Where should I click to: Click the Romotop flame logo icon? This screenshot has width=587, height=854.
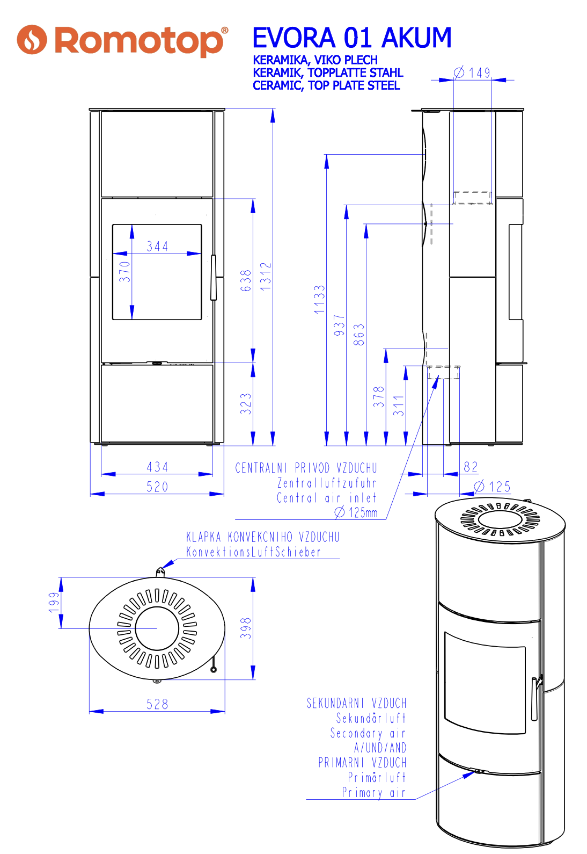(32, 40)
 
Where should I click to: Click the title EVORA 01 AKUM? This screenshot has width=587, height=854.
(351, 38)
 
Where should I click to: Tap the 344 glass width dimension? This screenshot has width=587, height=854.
(157, 247)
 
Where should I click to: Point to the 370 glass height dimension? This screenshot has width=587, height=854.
(124, 271)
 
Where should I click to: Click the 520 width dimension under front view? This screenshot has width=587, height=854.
(157, 487)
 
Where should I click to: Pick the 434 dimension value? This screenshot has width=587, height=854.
(157, 467)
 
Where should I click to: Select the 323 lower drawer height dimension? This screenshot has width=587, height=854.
(246, 403)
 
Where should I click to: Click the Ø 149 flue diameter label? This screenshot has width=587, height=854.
(472, 73)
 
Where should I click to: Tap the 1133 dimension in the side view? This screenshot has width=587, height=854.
(319, 299)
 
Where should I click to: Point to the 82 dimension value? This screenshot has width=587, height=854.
(471, 467)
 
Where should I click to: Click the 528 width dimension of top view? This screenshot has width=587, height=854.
(157, 704)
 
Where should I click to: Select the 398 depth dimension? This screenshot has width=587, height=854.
(246, 628)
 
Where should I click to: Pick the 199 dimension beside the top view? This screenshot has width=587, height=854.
(54, 602)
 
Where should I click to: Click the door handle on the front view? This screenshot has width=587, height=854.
(213, 277)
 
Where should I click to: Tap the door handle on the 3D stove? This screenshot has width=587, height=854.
(534, 698)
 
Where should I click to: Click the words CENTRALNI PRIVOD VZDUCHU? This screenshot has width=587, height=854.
(306, 468)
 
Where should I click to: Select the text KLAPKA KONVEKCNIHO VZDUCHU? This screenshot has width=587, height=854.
(262, 537)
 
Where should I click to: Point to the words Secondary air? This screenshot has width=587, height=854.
(368, 733)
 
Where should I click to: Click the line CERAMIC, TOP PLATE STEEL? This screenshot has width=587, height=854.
(326, 85)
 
